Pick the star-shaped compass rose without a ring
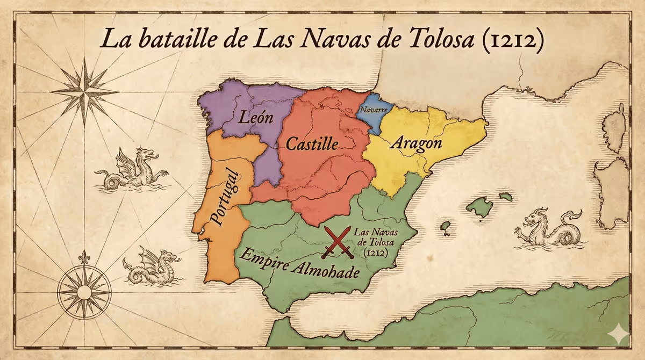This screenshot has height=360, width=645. point(85,91)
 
